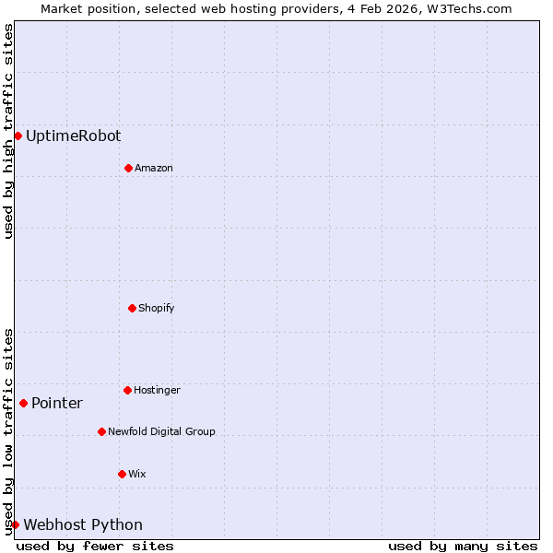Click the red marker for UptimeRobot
(x=18, y=135)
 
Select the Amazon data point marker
(x=128, y=168)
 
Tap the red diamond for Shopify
(x=132, y=308)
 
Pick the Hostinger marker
(x=127, y=390)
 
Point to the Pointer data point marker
(x=23, y=403)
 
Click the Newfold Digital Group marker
(x=101, y=431)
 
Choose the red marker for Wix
(x=122, y=474)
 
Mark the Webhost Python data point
(x=15, y=524)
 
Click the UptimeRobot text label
(x=73, y=135)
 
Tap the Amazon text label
(x=153, y=168)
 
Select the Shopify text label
(x=156, y=308)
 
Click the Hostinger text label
(x=157, y=390)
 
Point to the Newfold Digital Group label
(x=161, y=431)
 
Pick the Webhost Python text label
(x=83, y=524)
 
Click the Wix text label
(x=136, y=474)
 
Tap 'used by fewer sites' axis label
(x=95, y=546)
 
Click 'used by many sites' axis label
(x=463, y=546)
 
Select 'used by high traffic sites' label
(x=8, y=131)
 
